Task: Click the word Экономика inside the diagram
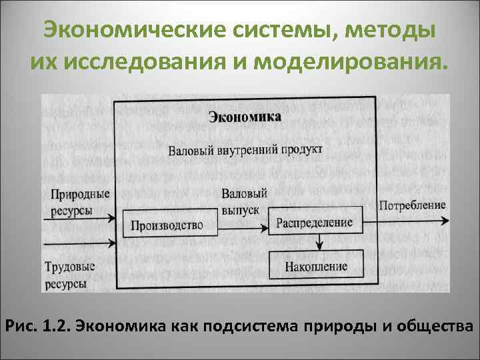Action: (x=245, y=117)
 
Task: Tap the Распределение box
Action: (x=315, y=220)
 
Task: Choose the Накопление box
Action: (x=315, y=266)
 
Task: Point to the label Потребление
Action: (x=412, y=205)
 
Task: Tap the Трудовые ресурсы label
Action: (x=69, y=275)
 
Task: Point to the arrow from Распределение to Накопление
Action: (x=320, y=241)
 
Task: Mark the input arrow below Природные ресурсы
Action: (x=80, y=218)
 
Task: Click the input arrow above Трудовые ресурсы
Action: (x=80, y=243)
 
